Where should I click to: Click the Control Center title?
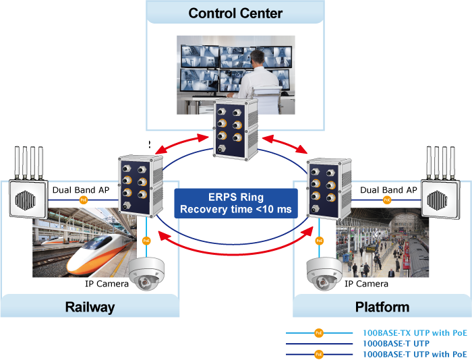(x=235, y=13)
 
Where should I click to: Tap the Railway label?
(x=90, y=307)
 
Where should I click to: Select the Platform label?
(x=382, y=307)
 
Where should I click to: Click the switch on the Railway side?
(x=140, y=185)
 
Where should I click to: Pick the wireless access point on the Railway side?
(x=28, y=193)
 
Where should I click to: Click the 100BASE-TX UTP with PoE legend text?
(x=414, y=333)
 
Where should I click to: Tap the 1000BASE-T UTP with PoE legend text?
(x=414, y=353)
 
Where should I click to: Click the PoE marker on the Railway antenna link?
(x=84, y=200)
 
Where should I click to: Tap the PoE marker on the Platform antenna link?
(x=387, y=200)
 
